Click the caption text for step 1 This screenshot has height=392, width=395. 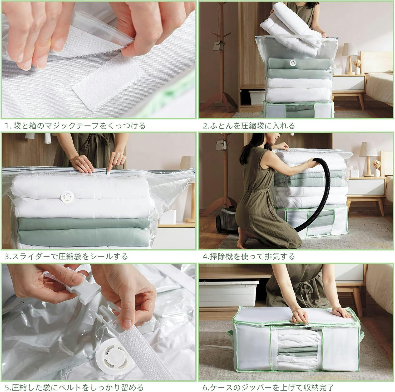(75, 126)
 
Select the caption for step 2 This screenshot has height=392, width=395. (249, 126)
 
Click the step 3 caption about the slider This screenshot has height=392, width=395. (66, 256)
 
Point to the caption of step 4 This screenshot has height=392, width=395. (249, 256)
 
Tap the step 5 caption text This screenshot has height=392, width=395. (74, 387)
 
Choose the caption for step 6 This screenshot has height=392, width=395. (268, 387)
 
